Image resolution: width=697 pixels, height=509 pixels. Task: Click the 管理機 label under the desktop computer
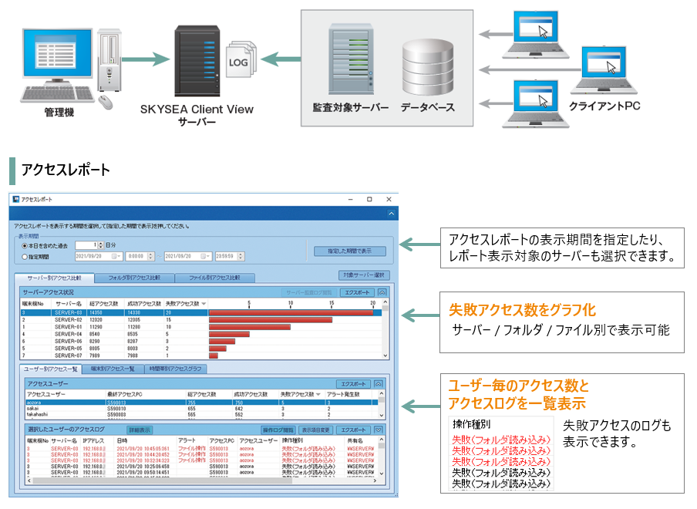click(59, 113)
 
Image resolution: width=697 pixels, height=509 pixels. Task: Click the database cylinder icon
click(427, 66)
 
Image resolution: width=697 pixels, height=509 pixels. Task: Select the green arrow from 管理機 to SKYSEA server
click(143, 58)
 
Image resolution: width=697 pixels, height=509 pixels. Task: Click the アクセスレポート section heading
click(66, 170)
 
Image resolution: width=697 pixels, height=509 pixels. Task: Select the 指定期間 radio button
click(25, 256)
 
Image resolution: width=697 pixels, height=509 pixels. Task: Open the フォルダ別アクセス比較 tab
click(133, 278)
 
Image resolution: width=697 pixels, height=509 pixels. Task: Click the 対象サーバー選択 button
click(365, 275)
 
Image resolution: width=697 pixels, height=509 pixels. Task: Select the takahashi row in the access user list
click(39, 413)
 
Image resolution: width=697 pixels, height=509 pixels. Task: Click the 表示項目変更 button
click(315, 430)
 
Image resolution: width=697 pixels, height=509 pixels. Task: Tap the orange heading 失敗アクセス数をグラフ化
click(522, 310)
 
